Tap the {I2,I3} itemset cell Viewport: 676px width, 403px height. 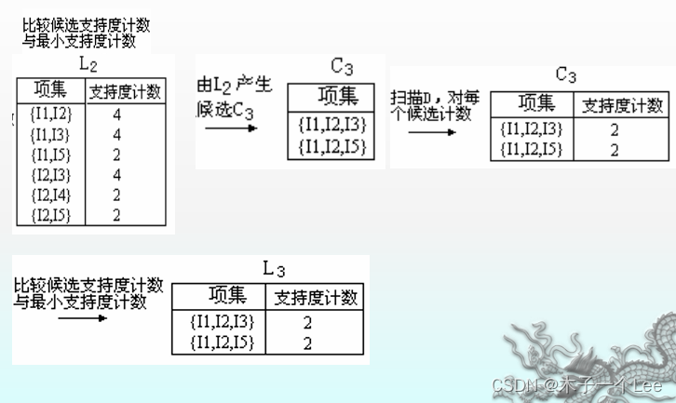point(51,174)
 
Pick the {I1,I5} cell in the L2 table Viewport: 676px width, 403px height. point(51,154)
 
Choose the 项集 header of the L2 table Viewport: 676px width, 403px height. point(51,90)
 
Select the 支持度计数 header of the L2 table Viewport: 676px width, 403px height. point(125,91)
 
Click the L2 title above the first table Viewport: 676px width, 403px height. point(88,65)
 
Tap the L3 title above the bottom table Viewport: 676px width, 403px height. point(274,269)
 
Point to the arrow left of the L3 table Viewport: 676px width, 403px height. point(82,318)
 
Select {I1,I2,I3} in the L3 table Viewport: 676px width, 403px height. point(221,322)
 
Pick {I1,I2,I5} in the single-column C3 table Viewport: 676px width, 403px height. point(331,146)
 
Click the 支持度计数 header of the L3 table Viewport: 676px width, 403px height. point(316,298)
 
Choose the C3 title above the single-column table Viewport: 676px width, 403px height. point(342,67)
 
